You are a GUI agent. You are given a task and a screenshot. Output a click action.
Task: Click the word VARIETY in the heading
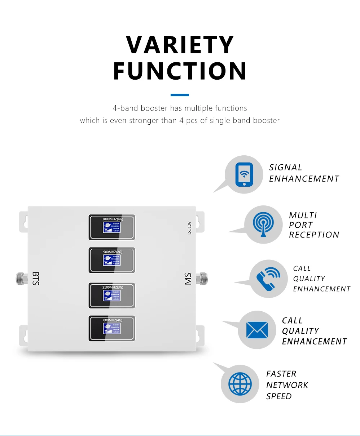click(180, 45)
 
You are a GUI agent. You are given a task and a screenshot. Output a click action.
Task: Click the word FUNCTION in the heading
click(180, 71)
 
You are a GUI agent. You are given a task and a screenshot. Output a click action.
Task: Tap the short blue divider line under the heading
click(180, 95)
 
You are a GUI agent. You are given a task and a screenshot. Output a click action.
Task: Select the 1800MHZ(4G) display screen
click(112, 227)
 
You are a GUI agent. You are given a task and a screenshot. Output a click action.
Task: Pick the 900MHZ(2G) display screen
click(112, 260)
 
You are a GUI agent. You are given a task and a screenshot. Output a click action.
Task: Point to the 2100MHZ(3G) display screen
click(112, 295)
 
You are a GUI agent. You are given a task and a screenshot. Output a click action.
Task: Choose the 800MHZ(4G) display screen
click(112, 328)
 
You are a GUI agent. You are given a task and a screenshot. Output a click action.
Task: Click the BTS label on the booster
click(35, 279)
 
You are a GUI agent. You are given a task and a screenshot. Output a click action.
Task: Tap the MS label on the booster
click(188, 279)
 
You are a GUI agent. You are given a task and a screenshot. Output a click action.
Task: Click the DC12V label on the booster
click(189, 228)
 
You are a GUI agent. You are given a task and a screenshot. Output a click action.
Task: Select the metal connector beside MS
click(202, 278)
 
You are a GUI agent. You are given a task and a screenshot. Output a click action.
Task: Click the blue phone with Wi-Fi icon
click(244, 175)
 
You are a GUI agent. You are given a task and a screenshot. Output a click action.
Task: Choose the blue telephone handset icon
click(268, 279)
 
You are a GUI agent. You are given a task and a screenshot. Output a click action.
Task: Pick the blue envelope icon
click(257, 330)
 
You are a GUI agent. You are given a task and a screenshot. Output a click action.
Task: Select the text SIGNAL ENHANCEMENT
click(304, 173)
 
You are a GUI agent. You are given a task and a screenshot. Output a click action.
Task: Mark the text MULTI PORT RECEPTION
click(314, 225)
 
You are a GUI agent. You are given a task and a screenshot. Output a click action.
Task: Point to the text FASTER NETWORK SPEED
click(287, 385)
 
